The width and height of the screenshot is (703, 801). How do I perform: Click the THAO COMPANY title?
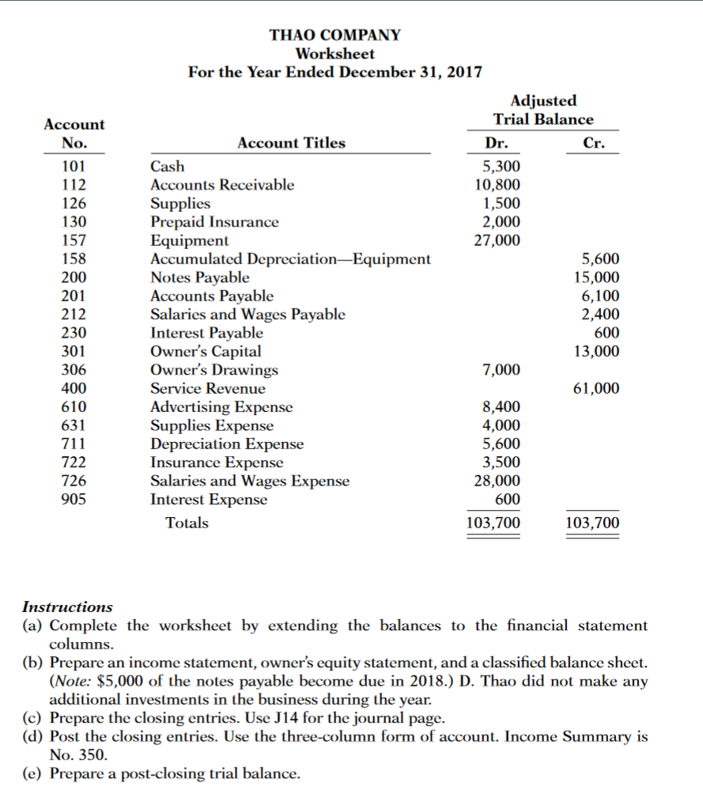pos(334,36)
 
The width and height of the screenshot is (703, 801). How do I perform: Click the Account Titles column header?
pos(291,143)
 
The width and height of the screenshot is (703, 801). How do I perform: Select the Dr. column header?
pos(496,144)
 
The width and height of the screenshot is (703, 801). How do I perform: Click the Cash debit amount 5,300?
pos(501,167)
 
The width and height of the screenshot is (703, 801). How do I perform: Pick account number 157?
pos(74,240)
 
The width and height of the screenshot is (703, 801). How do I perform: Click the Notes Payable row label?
pos(199,278)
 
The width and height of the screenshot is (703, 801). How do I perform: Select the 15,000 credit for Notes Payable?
pos(596,278)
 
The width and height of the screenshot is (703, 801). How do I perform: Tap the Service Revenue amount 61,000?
pos(596,389)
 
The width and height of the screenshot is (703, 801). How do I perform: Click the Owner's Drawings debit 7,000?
pos(501,370)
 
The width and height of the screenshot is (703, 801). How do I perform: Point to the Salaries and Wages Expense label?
pos(249,482)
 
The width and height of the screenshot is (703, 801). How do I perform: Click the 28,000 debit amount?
pos(497,482)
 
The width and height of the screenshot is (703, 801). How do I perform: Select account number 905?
pos(74,500)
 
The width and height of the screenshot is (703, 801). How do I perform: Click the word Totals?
pos(187,523)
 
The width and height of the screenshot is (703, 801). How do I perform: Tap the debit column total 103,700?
pos(493,523)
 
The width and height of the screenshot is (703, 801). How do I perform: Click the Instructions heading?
pos(67,607)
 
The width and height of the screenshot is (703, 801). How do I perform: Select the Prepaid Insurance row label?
pos(214,222)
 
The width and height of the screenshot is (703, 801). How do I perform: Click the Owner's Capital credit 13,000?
pos(596,352)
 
